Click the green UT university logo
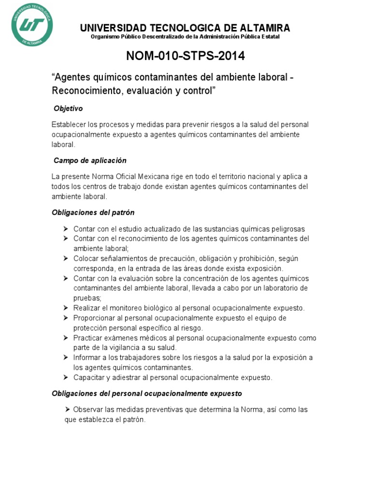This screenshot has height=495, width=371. [x=32, y=25]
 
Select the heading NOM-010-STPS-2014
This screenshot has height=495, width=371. [x=185, y=56]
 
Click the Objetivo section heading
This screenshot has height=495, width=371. [x=68, y=109]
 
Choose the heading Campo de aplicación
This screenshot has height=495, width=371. [x=90, y=160]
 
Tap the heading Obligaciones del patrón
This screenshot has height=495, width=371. [x=93, y=212]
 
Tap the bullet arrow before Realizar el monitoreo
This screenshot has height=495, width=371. [x=66, y=308]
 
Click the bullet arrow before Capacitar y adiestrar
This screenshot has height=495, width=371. [x=66, y=378]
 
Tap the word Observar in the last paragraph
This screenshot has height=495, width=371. [x=88, y=409]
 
